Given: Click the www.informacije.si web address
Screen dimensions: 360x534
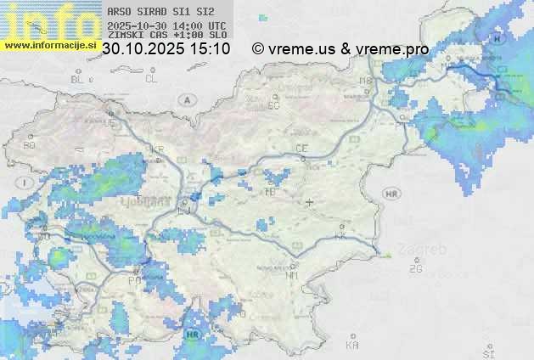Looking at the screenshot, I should click(49, 45).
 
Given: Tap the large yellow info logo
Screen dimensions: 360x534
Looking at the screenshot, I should click(49, 20).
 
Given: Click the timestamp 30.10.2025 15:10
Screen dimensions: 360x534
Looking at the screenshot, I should click(166, 50).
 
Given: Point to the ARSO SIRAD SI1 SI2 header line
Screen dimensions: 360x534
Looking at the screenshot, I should click(160, 13).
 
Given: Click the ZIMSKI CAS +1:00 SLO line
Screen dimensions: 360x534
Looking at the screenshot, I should click(167, 36).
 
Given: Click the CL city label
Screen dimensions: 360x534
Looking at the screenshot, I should click(151, 79).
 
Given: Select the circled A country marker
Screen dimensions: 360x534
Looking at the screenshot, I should click(185, 99).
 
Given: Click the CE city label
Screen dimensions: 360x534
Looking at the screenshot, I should click(301, 148).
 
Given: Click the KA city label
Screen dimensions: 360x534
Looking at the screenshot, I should click(352, 346).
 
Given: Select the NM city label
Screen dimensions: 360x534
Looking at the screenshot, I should click(293, 275).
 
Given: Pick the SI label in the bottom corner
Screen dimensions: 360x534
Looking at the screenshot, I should click(488, 351).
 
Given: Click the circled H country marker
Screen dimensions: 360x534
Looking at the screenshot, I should click(497, 39).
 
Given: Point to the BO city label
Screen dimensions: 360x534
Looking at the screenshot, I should click(30, 145).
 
